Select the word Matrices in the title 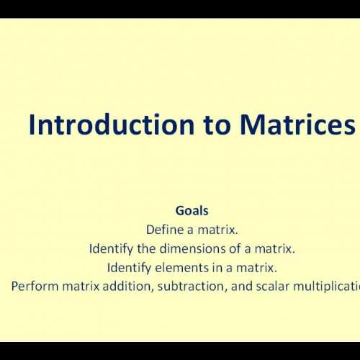[297, 125]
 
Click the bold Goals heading [192, 211]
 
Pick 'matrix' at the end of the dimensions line [277, 249]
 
